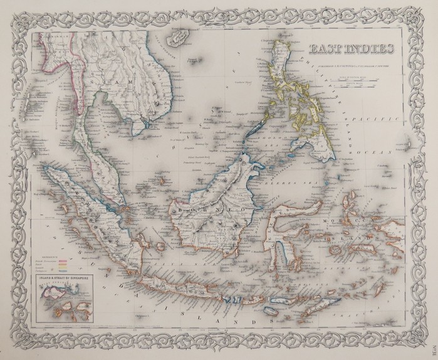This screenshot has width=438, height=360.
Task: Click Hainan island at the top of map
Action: click(x=180, y=39)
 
